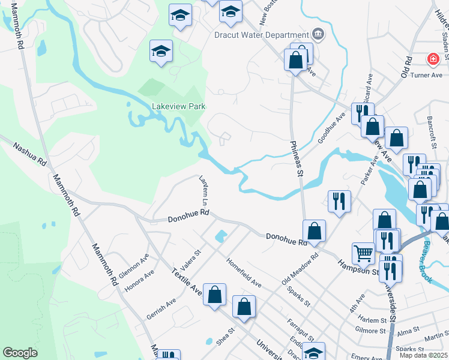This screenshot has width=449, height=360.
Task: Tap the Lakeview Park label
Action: [x=179, y=106]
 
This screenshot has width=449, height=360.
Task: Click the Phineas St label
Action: [x=297, y=158]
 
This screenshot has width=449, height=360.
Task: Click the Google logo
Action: [x=20, y=353]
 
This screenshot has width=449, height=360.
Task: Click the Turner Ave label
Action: [x=427, y=75]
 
